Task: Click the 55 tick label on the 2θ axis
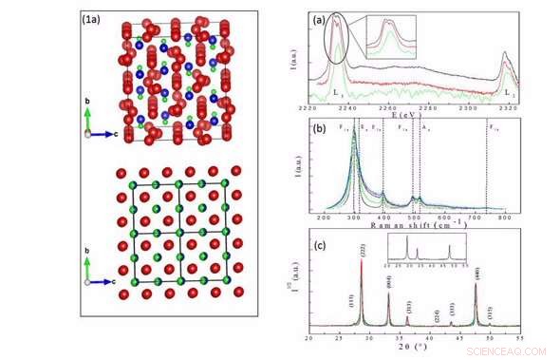(518, 338)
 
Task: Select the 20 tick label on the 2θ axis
(308, 338)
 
